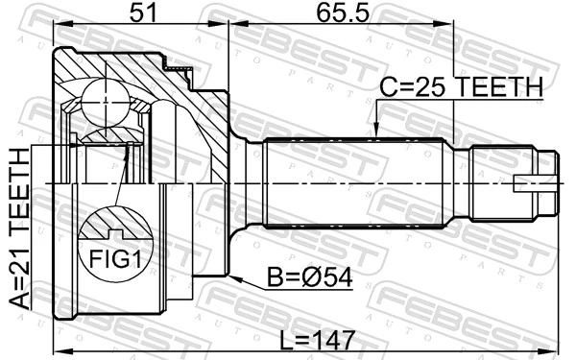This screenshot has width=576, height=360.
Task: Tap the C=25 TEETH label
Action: click(460, 87)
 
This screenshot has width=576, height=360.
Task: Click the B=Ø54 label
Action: click(310, 277)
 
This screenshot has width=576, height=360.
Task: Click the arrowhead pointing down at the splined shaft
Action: click(376, 132)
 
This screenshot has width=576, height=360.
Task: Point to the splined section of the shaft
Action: click(355, 182)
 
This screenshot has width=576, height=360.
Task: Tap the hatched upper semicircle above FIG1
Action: click(114, 227)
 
